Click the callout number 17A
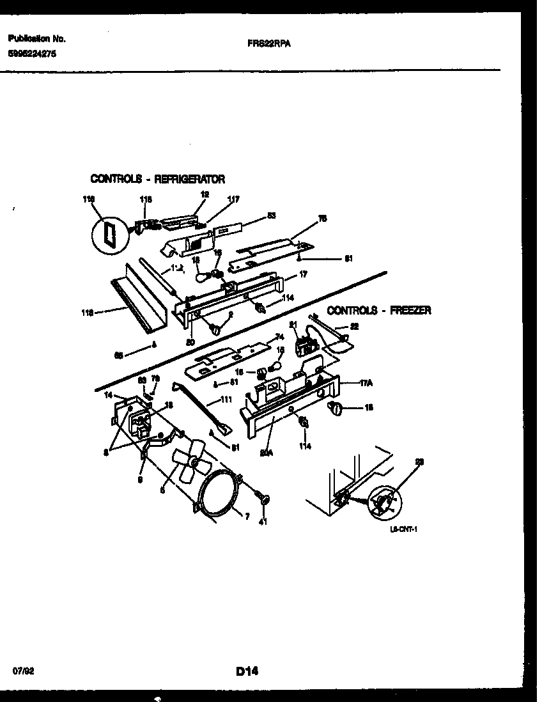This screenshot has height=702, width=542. click(x=366, y=383)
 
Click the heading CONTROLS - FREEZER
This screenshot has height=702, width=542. click(x=379, y=311)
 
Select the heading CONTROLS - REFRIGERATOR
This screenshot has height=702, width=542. click(x=157, y=179)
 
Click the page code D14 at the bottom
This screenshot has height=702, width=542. click(x=247, y=671)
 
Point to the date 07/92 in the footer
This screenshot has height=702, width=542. click(x=22, y=672)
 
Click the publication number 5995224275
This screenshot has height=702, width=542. click(x=33, y=55)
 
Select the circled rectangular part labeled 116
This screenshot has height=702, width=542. click(x=107, y=233)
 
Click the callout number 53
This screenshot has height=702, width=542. click(x=271, y=215)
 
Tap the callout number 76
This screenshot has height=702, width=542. click(x=323, y=218)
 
